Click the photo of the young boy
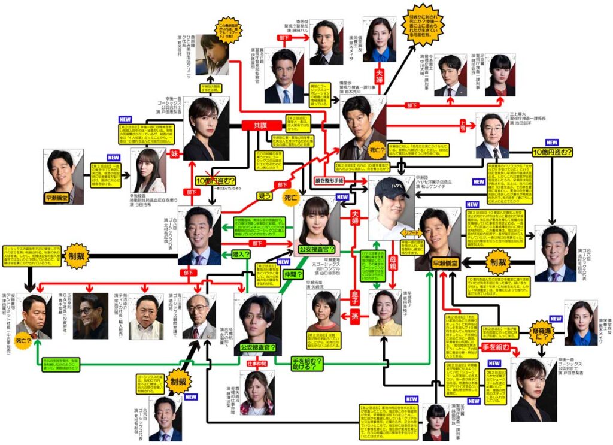tap(323, 311)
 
